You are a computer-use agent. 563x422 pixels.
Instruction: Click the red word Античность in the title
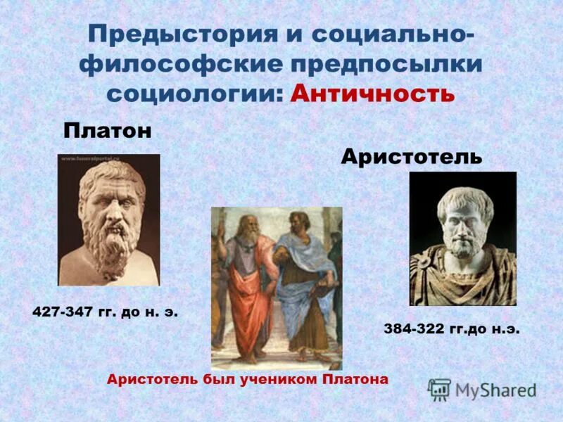pyautogui.click(x=372, y=94)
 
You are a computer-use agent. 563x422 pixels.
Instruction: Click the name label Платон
pyautogui.click(x=108, y=132)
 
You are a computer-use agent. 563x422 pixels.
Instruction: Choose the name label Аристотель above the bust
pyautogui.click(x=412, y=156)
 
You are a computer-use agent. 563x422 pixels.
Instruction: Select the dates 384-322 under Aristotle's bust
pyautogui.click(x=415, y=328)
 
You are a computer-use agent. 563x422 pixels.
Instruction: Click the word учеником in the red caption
pyautogui.click(x=281, y=379)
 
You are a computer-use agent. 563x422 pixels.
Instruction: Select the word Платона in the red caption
pyautogui.click(x=355, y=379)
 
